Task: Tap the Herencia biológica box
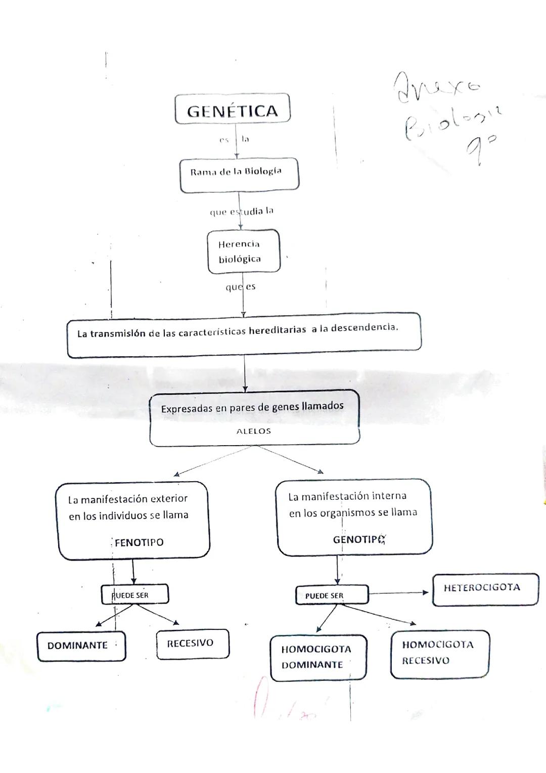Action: (243, 251)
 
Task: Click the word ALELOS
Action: (254, 432)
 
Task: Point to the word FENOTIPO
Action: (139, 542)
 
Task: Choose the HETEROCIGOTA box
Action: (485, 589)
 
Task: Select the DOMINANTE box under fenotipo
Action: (81, 646)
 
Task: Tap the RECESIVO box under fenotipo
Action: (192, 643)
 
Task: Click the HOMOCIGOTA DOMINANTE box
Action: (316, 657)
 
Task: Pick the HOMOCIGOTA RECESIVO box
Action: (439, 653)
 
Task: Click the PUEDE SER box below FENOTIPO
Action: (134, 595)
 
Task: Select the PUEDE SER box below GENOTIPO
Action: (331, 595)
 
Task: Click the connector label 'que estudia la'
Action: (241, 211)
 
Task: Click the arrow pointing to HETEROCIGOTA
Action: (399, 593)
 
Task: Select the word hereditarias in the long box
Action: (278, 330)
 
